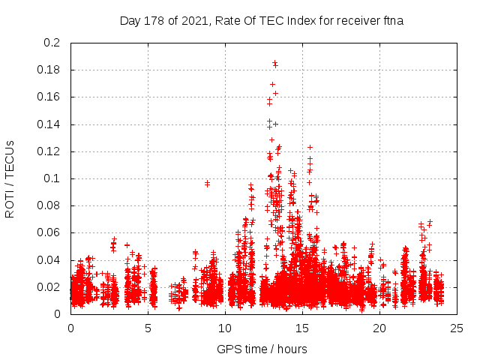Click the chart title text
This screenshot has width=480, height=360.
click(x=262, y=20)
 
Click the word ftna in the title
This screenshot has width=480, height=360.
click(x=391, y=20)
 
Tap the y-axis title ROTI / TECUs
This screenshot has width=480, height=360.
click(x=10, y=178)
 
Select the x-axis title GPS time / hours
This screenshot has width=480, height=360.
click(x=262, y=349)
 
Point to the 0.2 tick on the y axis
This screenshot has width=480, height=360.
click(x=52, y=43)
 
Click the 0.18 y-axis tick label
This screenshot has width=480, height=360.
click(x=49, y=70)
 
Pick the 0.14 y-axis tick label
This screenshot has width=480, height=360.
click(x=49, y=124)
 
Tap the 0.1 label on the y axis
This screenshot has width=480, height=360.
click(x=52, y=178)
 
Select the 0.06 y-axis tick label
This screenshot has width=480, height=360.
click(x=49, y=232)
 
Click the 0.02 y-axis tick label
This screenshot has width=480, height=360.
click(x=49, y=287)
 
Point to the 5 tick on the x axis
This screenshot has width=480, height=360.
click(x=148, y=328)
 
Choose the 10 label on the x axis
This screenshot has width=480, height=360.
click(x=225, y=328)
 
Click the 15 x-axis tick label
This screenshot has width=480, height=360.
click(x=301, y=328)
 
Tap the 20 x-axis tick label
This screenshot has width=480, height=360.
click(x=379, y=328)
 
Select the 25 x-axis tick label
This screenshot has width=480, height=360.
click(x=456, y=328)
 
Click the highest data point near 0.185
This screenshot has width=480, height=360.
click(x=274, y=64)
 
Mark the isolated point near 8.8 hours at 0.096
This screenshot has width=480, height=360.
click(x=207, y=183)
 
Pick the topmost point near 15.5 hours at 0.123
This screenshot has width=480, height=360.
click(x=310, y=147)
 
